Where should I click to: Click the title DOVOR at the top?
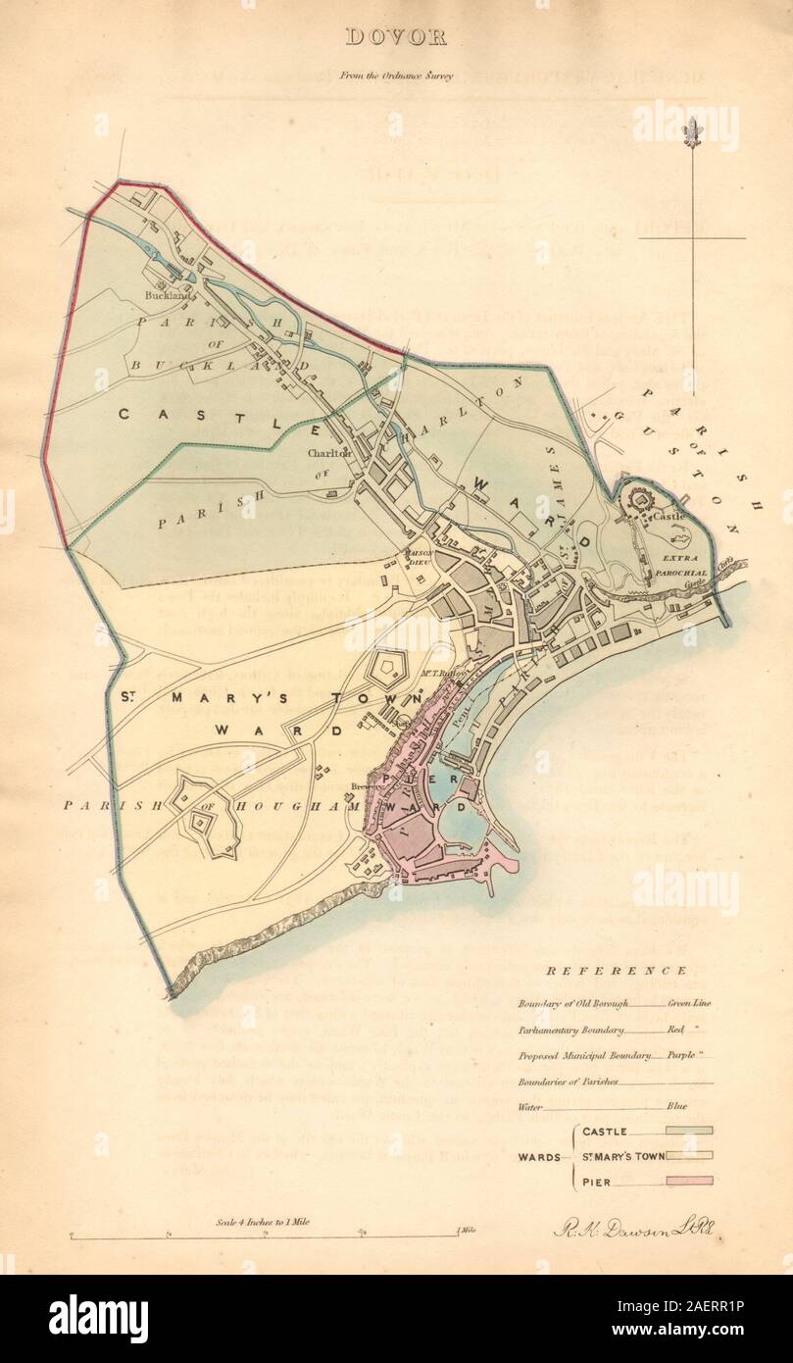tap(395, 38)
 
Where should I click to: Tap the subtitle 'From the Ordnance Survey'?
tap(397, 76)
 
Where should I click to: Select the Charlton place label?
tap(328, 454)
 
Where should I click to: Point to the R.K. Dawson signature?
tap(607, 1227)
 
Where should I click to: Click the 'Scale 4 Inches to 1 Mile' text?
tap(264, 1223)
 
